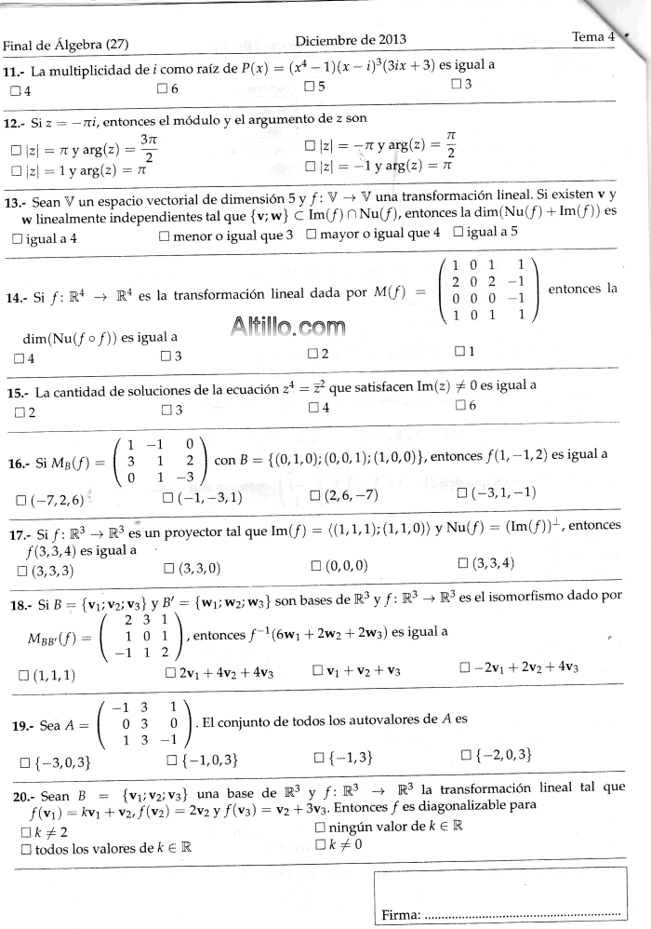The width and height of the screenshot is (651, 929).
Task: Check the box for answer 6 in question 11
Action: pyautogui.click(x=163, y=89)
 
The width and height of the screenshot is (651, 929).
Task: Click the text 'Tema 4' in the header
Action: pyautogui.click(x=592, y=36)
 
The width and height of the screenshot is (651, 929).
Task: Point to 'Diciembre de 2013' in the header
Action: pyautogui.click(x=351, y=39)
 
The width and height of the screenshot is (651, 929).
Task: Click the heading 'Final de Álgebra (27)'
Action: pyautogui.click(x=65, y=45)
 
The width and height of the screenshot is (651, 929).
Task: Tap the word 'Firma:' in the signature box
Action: pyautogui.click(x=401, y=916)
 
